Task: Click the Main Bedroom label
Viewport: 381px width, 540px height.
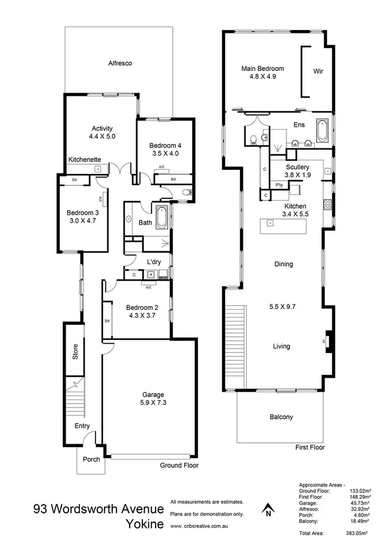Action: [x=262, y=69]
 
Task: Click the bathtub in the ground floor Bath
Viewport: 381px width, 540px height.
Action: [x=161, y=218]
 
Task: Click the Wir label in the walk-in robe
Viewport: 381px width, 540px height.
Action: [x=318, y=71]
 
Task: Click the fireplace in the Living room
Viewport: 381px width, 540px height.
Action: [x=328, y=341]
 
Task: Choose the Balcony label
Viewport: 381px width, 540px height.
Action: [x=281, y=417]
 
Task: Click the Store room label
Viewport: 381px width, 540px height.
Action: [x=75, y=352]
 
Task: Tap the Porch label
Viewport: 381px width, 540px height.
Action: [x=91, y=459]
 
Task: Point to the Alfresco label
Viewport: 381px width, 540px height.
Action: [x=120, y=64]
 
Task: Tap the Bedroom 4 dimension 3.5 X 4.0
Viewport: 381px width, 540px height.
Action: [x=165, y=153]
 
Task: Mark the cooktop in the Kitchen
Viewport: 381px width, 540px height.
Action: [x=328, y=206]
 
